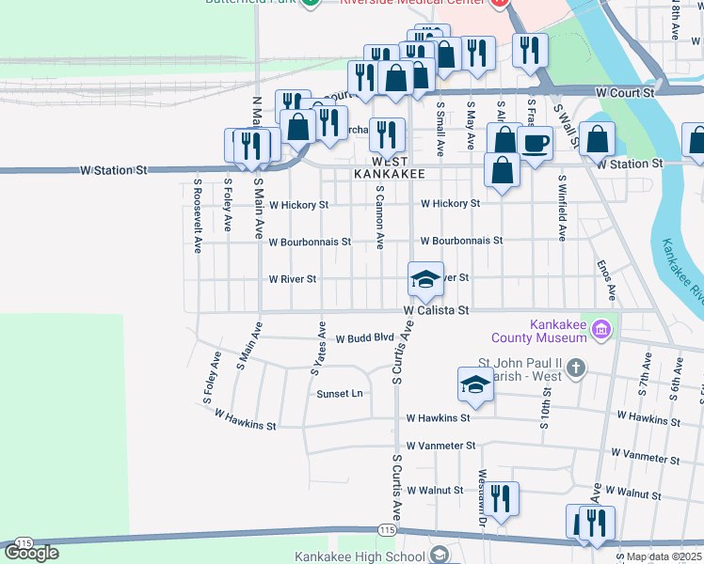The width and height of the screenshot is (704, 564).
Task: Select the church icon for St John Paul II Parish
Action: pos(576,368)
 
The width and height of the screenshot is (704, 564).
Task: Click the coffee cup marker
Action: pos(535,144)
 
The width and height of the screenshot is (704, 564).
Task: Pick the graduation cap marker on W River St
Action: pos(425,279)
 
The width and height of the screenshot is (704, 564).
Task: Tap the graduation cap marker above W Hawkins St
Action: pos(475,384)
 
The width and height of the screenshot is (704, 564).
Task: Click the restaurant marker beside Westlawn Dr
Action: pos(499,498)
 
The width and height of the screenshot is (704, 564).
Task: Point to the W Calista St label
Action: pos(436,309)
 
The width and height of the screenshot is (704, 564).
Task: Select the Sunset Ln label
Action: pos(339,394)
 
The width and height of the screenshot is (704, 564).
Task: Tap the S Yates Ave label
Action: pos(318,351)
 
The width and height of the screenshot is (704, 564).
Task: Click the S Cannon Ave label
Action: pos(379,216)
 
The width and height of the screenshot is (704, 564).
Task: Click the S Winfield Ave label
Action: pos(562,208)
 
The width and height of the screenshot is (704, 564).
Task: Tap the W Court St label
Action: pos(625,93)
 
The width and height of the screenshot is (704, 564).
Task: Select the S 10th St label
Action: pos(545,407)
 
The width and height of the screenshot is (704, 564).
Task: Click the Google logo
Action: pos(31,552)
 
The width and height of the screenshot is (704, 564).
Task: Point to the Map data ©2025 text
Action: pos(664,556)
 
